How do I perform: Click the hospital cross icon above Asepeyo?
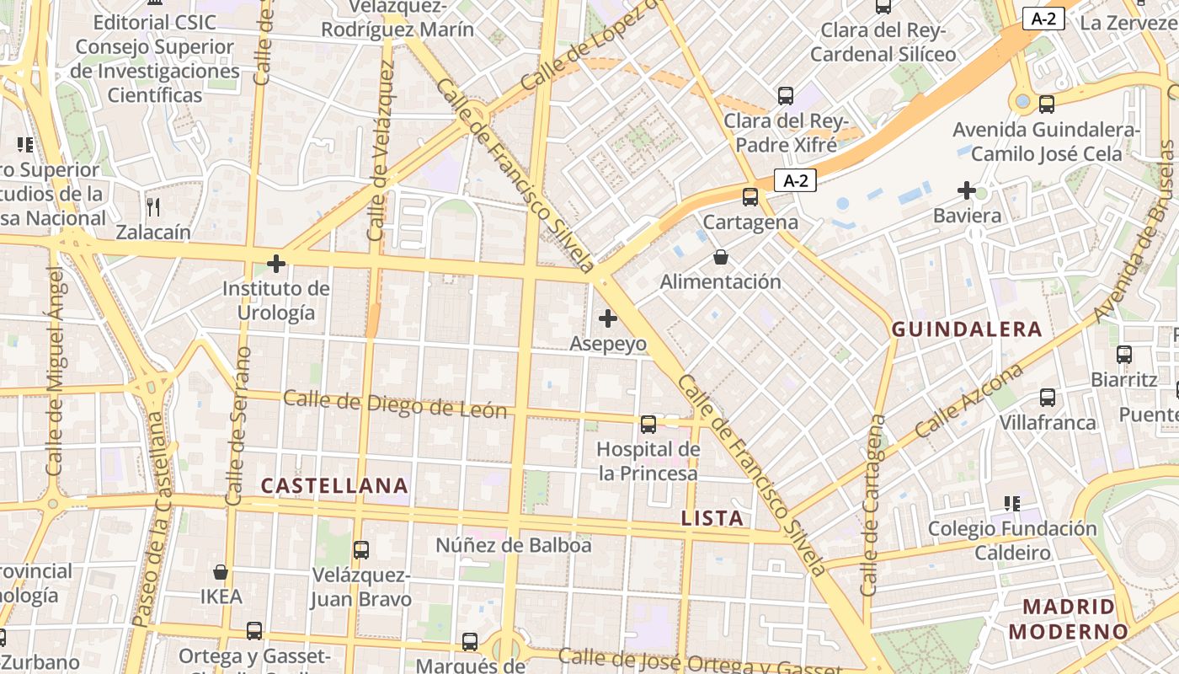607,318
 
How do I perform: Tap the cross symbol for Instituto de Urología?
276,264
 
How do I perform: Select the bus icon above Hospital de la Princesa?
648,424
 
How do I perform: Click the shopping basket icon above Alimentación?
720,256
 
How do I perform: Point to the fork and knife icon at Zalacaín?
153,206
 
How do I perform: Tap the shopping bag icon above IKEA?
221,572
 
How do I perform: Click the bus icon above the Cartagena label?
750,197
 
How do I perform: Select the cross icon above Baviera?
967,190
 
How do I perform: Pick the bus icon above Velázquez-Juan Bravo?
361,550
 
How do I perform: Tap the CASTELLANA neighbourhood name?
334,485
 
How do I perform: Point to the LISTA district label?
712,518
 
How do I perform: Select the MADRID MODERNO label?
1068,618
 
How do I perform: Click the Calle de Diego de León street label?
395,404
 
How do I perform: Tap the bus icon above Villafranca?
1048,397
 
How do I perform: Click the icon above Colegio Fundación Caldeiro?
1012,504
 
